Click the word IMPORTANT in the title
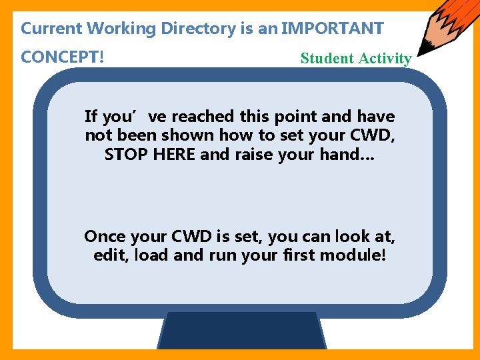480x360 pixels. tap(333, 29)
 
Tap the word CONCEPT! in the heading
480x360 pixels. tap(62, 57)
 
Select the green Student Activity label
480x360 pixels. tap(356, 58)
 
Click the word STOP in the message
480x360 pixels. tap(123, 155)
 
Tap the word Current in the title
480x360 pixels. tap(51, 29)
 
